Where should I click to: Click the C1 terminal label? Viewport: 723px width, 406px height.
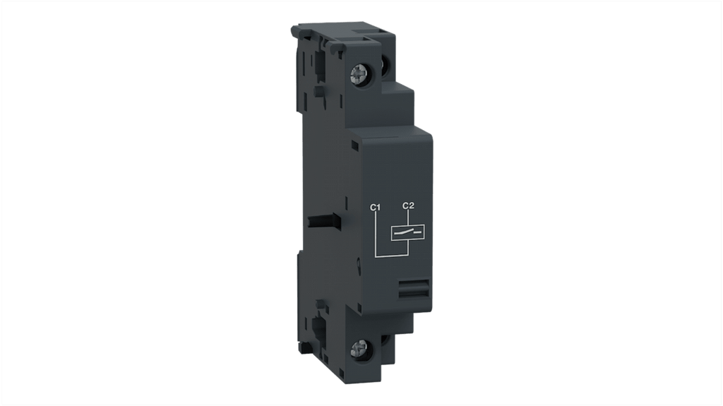[375, 208]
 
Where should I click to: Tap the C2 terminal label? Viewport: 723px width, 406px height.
[409, 205]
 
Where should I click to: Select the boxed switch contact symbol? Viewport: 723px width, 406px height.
[407, 233]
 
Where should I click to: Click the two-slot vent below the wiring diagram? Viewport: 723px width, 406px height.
[414, 289]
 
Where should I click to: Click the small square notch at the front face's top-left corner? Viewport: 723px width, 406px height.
[354, 145]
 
